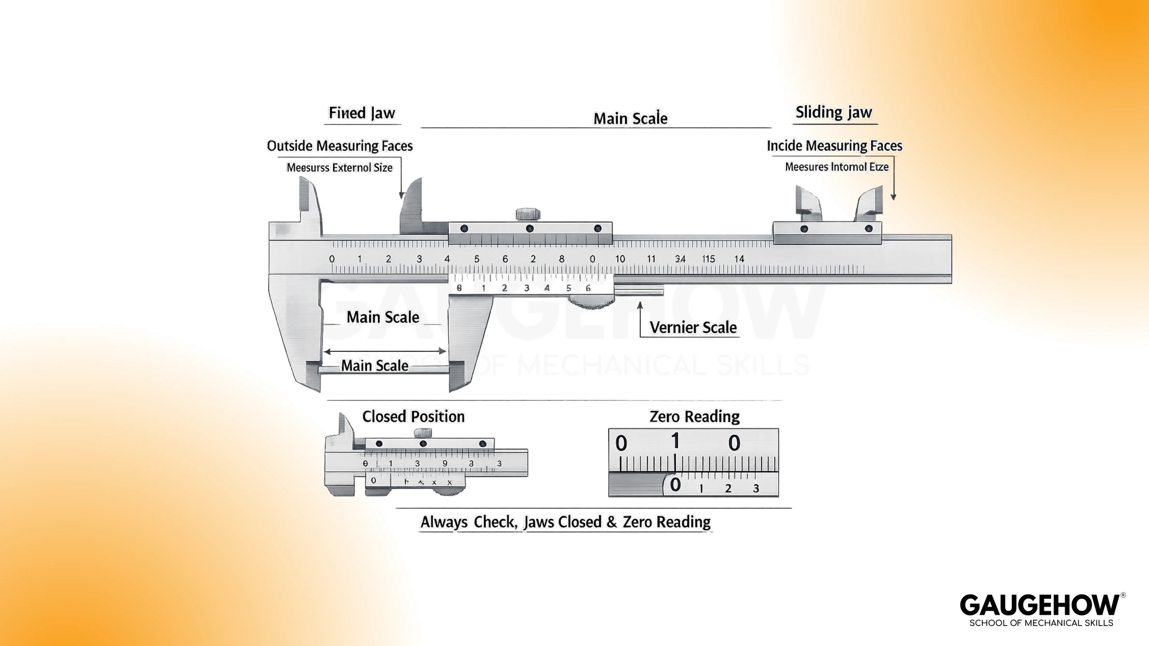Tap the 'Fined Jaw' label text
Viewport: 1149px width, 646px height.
point(362,113)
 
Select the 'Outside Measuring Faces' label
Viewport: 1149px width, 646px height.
point(339,146)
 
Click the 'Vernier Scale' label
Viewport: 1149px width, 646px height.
point(693,328)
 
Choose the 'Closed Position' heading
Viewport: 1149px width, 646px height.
point(413,416)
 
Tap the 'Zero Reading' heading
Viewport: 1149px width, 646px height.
point(694,416)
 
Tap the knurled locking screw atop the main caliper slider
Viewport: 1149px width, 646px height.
point(528,214)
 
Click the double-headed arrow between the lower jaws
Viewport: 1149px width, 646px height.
point(385,351)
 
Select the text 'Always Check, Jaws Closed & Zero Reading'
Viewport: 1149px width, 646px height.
point(565,522)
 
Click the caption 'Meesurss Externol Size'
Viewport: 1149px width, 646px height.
point(339,168)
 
